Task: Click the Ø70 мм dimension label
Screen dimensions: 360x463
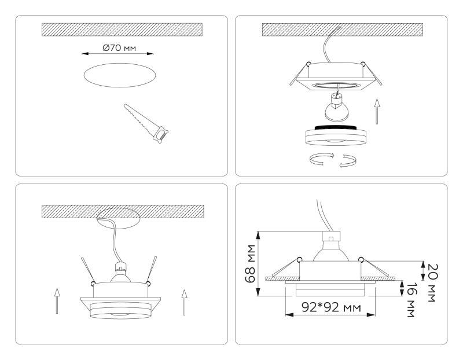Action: (x=119, y=47)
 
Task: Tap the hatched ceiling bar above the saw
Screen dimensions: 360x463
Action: (x=122, y=30)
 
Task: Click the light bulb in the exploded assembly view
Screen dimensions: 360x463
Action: (x=337, y=108)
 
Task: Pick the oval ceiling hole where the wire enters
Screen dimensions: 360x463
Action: (x=119, y=218)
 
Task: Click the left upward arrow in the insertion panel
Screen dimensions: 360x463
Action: (x=56, y=300)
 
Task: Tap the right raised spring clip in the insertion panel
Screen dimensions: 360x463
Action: (x=153, y=269)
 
